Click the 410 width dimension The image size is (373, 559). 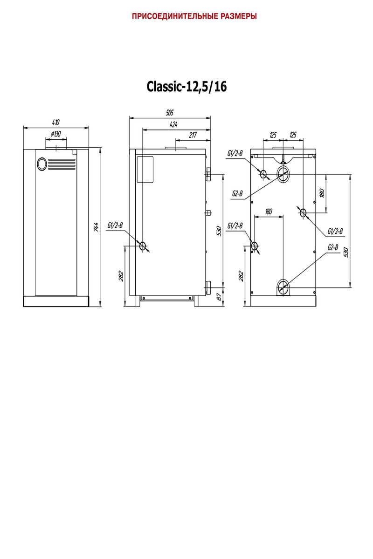coord(55,122)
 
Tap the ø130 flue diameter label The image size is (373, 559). coord(55,134)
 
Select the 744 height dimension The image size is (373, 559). coord(96,227)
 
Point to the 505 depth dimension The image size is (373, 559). coord(170,113)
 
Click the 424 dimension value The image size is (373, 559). coord(173,124)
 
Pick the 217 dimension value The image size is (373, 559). coord(193,135)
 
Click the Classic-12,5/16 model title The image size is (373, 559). coord(186,87)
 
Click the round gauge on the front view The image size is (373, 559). coord(41,164)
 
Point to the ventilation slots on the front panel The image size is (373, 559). coord(62,164)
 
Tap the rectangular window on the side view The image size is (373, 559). coord(145,169)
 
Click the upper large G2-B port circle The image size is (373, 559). coord(283,174)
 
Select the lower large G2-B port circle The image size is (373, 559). coord(283,287)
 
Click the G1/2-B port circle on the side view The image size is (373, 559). coord(143,246)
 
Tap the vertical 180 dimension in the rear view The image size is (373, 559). coord(322,193)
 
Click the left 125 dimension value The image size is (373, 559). coord(273,135)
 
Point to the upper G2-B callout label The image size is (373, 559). coord(237,193)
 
